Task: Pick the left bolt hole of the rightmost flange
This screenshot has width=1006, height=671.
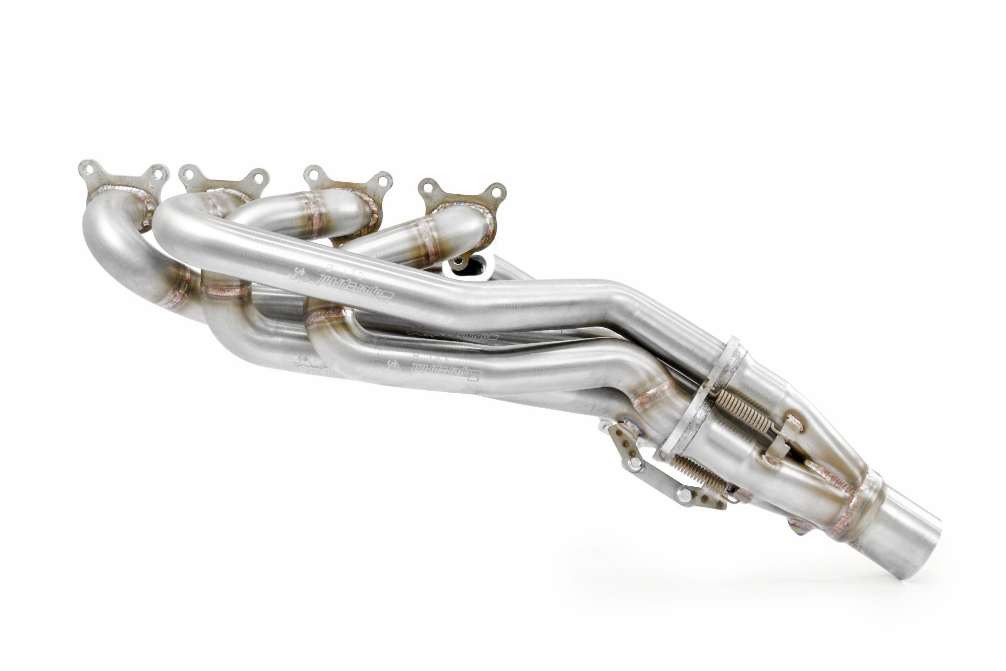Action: tap(429, 188)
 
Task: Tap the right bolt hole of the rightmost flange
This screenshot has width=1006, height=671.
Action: tap(495, 192)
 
